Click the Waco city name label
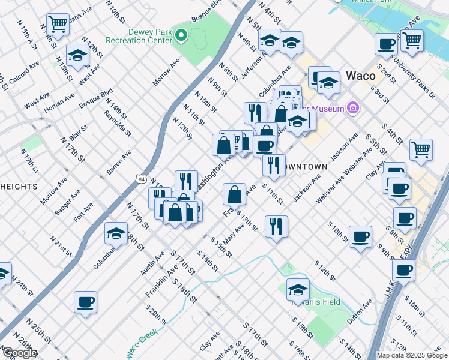click(x=361, y=76)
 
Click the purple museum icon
click(x=352, y=109)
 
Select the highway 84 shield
click(x=140, y=178)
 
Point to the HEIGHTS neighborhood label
click(x=18, y=187)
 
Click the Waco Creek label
click(x=142, y=341)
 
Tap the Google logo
click(x=19, y=353)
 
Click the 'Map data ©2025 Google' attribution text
click(x=412, y=355)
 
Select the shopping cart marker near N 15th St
click(x=58, y=25)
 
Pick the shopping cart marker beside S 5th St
click(x=421, y=150)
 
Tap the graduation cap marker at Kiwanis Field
click(x=298, y=290)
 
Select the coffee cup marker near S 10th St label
click(x=360, y=237)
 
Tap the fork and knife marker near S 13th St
click(x=276, y=227)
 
